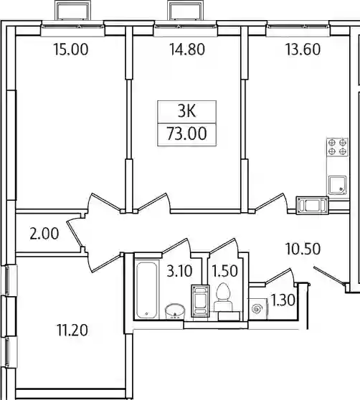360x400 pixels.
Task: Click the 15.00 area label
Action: pos(71,49)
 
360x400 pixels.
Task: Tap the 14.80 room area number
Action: pos(187,49)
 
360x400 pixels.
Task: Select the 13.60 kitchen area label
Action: pos(303,49)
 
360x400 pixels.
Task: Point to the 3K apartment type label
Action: pos(187,112)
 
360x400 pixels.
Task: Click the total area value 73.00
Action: pos(186,134)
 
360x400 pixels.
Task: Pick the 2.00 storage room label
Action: pos(44,234)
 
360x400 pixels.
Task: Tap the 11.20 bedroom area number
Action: pos(72,330)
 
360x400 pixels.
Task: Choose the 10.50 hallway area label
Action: pos(303,249)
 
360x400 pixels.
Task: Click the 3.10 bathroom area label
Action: pos(179,271)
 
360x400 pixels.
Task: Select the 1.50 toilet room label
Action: pos(225,271)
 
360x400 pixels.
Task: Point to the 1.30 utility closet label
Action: pos(283,300)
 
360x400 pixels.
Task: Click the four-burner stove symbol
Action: pos(337,147)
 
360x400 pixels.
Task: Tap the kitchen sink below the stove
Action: pos(337,185)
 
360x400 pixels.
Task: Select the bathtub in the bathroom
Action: pos(146,290)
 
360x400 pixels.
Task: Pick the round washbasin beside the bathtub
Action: pos(175,311)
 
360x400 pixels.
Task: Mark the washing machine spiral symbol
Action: pos(257,309)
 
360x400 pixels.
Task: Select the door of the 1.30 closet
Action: pos(280,275)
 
